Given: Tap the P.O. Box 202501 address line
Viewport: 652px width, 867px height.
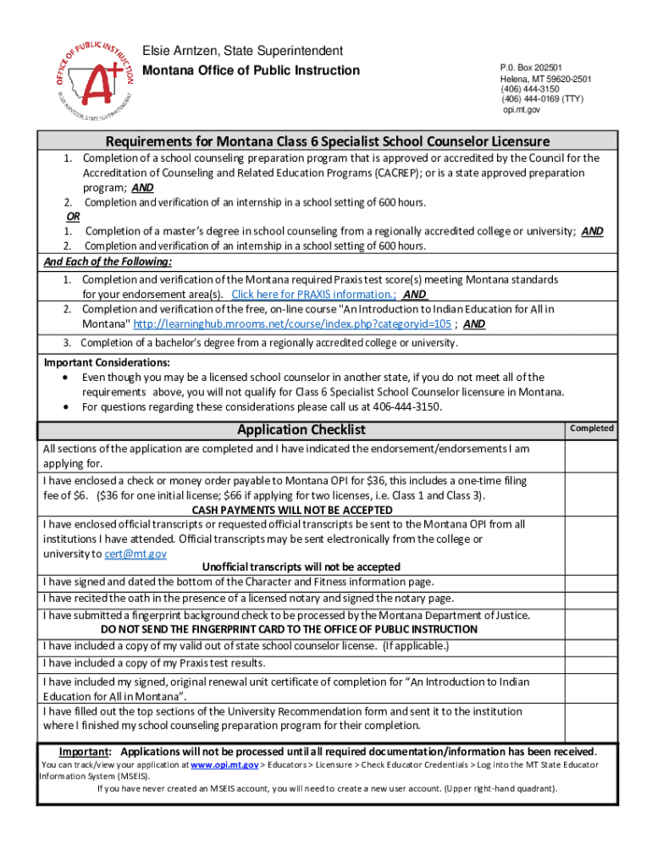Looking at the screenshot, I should pyautogui.click(x=531, y=68).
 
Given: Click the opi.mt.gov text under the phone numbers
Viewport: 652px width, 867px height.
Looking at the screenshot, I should pyautogui.click(x=522, y=110).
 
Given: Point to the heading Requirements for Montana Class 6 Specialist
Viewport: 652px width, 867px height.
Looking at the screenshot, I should pyautogui.click(x=328, y=141).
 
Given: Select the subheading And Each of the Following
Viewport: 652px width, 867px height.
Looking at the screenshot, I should pyautogui.click(x=108, y=262).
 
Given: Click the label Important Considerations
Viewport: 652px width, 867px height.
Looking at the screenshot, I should pyautogui.click(x=107, y=362).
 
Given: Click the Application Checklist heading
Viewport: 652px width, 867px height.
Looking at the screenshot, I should pyautogui.click(x=301, y=429).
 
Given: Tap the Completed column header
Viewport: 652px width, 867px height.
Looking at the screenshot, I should pyautogui.click(x=592, y=428).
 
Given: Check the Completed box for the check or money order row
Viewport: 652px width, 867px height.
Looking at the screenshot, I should pyautogui.click(x=592, y=494).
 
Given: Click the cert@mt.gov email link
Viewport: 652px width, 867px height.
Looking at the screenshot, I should pyautogui.click(x=135, y=554).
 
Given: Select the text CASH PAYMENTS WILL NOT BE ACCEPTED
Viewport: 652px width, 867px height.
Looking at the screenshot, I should pyautogui.click(x=292, y=511).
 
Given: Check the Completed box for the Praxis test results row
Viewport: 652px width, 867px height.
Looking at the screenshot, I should pyautogui.click(x=592, y=663).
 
